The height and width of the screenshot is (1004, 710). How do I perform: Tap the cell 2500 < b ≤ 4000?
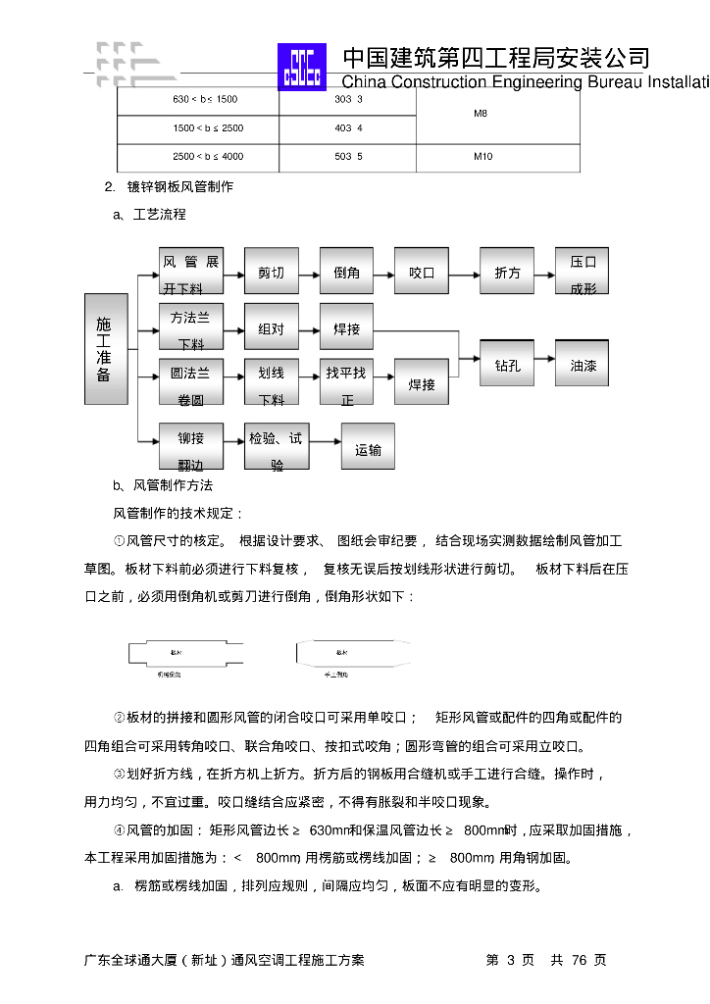[208, 157]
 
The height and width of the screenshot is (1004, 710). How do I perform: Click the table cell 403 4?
[348, 128]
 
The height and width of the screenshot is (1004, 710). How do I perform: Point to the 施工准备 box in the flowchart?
[105, 349]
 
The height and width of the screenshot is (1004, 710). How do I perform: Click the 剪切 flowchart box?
[272, 272]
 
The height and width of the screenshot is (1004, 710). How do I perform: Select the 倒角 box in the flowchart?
[346, 272]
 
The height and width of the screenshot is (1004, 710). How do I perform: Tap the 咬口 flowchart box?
[422, 272]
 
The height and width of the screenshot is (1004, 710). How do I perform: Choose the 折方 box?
[507, 272]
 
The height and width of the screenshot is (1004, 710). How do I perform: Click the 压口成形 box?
[583, 272]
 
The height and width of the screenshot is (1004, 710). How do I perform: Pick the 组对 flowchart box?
[272, 328]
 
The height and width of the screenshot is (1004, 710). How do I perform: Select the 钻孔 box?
[507, 365]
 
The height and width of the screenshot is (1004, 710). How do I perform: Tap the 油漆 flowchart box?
[583, 365]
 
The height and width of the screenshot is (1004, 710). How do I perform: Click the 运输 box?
[368, 448]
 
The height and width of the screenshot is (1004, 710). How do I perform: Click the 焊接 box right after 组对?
[346, 328]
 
